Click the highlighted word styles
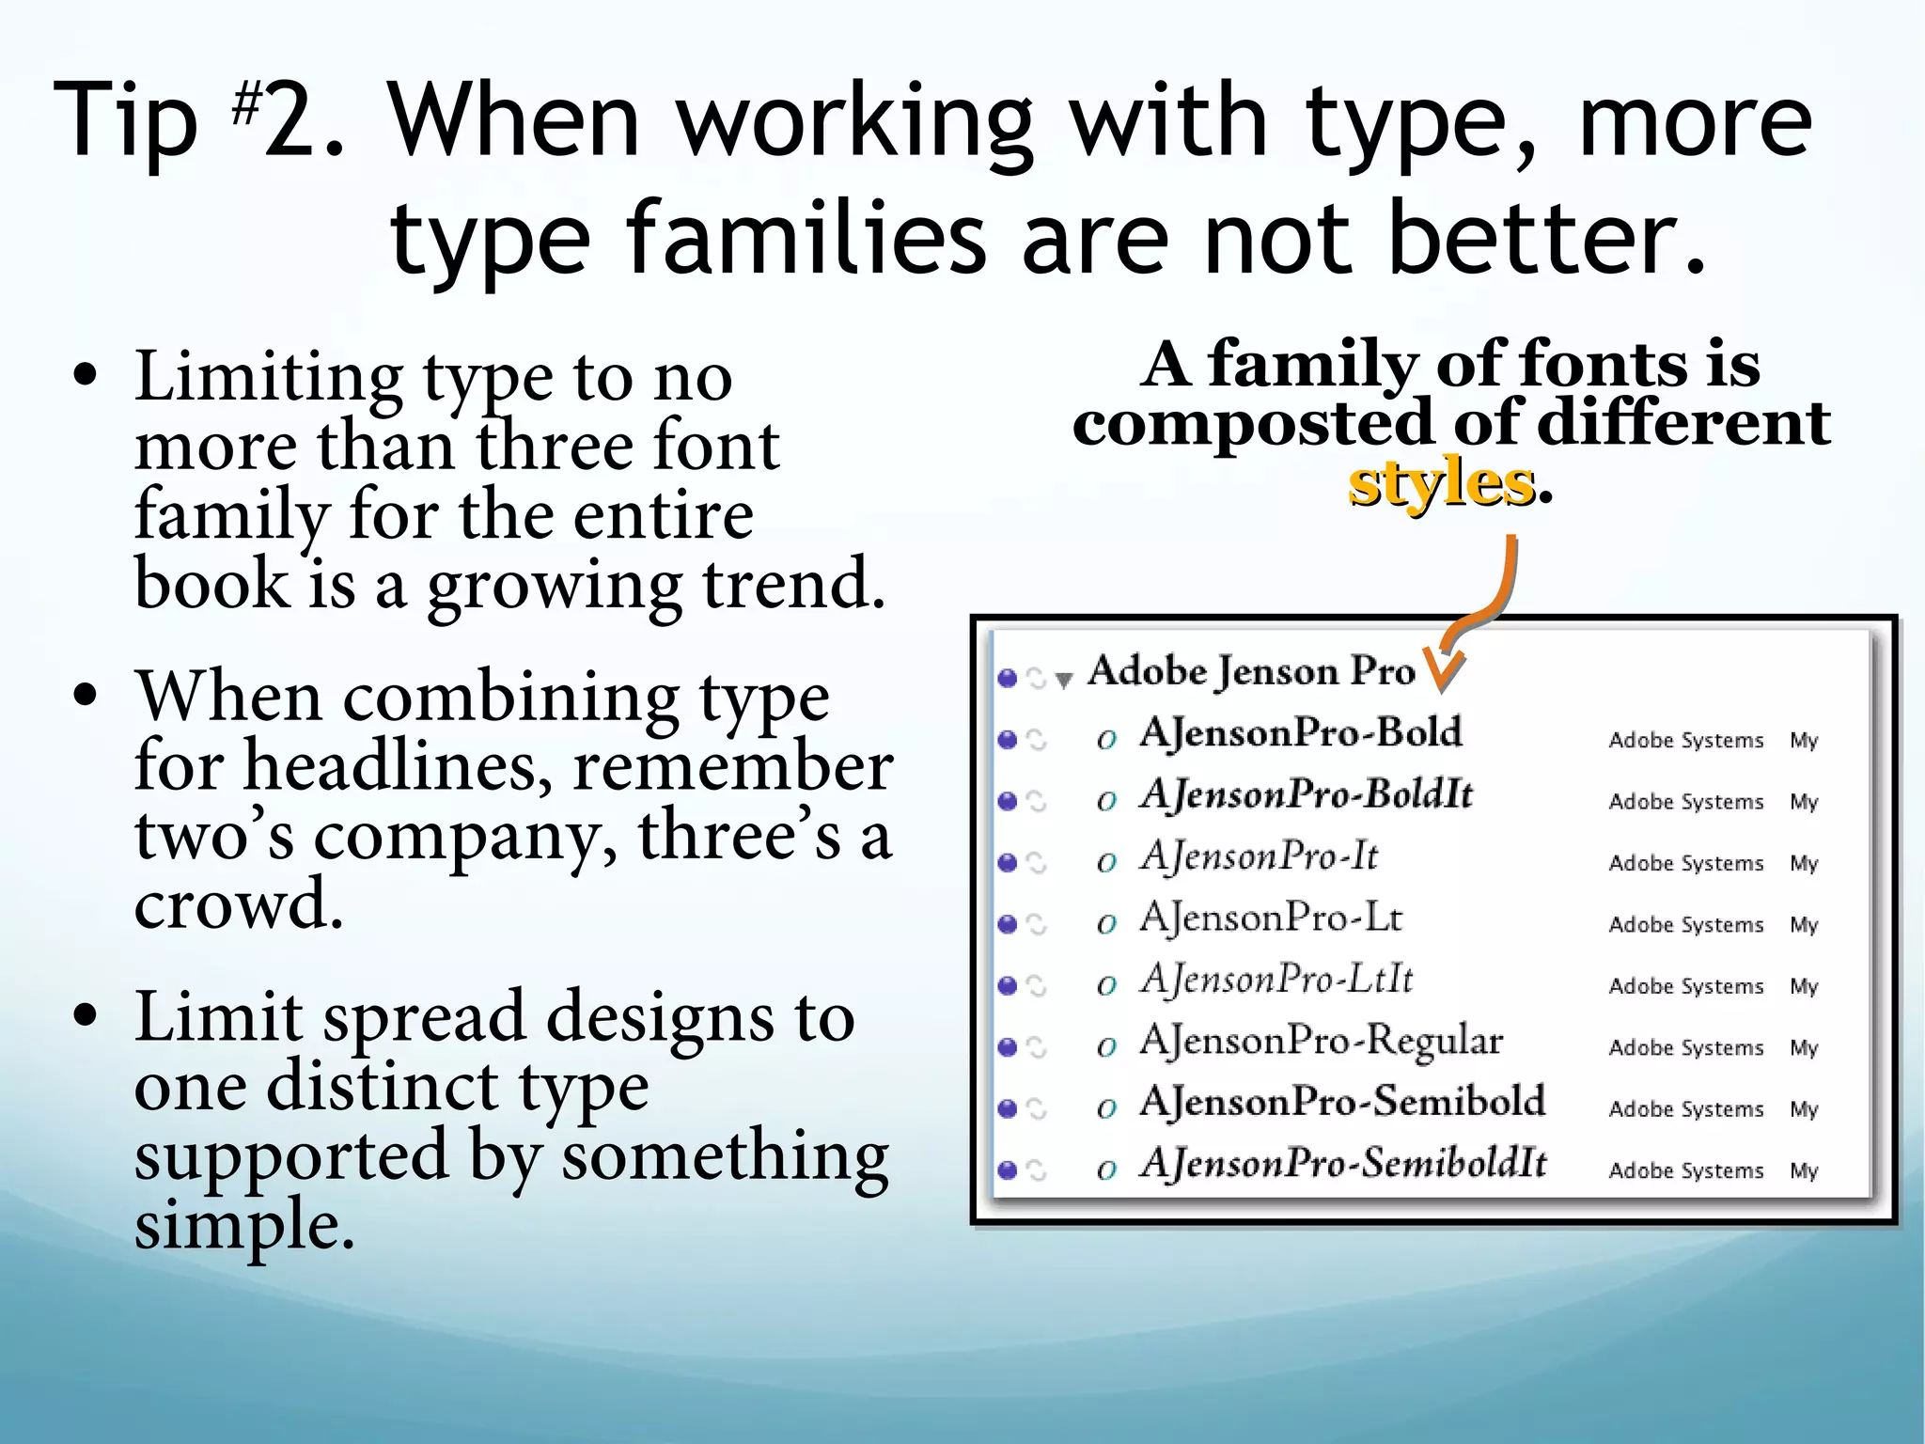pyautogui.click(x=1441, y=484)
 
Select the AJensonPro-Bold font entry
pyautogui.click(x=1301, y=733)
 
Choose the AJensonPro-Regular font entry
pyautogui.click(x=1322, y=1042)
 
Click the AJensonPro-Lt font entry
pyautogui.click(x=1272, y=918)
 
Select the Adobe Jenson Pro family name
pyautogui.click(x=1251, y=671)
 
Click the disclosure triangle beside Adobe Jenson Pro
pyautogui.click(x=1064, y=680)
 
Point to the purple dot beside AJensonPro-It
pyautogui.click(x=1008, y=862)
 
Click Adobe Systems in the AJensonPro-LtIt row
pyautogui.click(x=1686, y=986)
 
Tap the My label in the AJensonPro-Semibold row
pyautogui.click(x=1804, y=1109)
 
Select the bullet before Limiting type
pyautogui.click(x=86, y=377)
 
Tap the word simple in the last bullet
pyautogui.click(x=244, y=1225)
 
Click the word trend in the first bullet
pyautogui.click(x=794, y=584)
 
